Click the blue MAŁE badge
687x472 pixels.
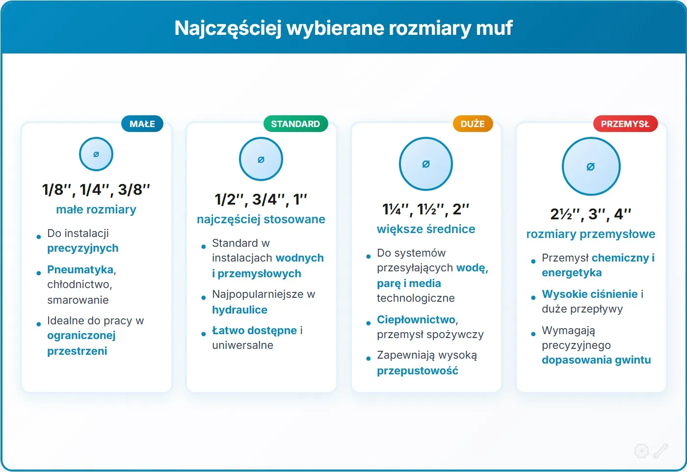coord(142,124)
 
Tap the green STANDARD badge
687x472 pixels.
coord(295,124)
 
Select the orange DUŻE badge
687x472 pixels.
coord(473,124)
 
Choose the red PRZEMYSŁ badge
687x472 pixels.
coord(625,124)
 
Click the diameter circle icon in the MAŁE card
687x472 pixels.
coord(96,154)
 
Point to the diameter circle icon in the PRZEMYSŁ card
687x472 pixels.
coord(591,166)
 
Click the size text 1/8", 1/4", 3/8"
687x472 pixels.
coord(96,189)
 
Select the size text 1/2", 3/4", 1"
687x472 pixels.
coord(261,199)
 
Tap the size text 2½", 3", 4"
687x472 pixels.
coord(590,214)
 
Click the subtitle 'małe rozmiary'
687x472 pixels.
coord(96,210)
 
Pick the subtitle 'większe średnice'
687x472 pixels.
coord(426,229)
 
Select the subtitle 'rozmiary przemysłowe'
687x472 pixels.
coord(590,234)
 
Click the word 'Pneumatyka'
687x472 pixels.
coord(80,269)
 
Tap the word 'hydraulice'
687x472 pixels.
coord(239,310)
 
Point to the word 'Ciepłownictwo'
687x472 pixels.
coord(416,319)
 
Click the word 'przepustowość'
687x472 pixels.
coord(417,370)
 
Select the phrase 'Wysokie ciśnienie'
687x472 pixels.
coord(589,294)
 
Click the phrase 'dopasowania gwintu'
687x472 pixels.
coord(596,360)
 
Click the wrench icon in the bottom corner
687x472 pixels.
coord(661,450)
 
